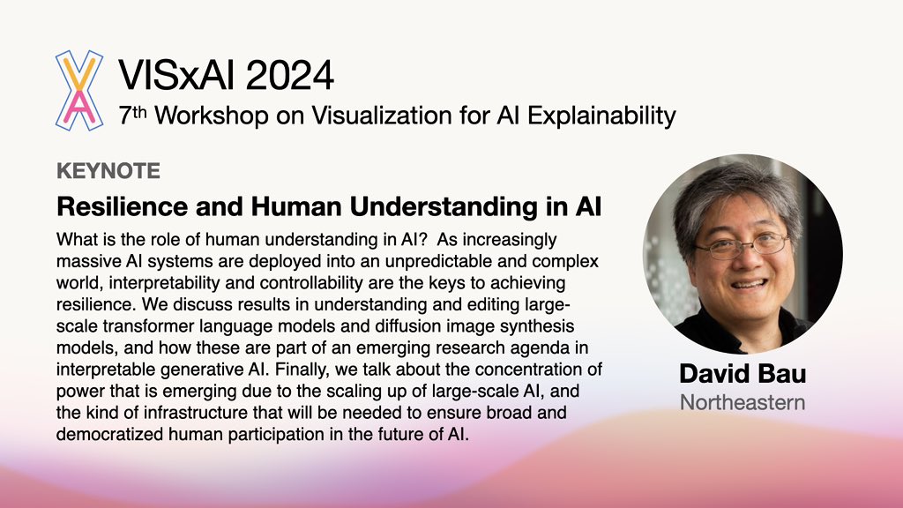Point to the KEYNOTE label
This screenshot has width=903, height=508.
coord(108,170)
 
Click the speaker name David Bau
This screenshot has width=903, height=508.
coord(742,374)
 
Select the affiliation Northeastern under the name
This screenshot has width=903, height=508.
coord(742,403)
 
